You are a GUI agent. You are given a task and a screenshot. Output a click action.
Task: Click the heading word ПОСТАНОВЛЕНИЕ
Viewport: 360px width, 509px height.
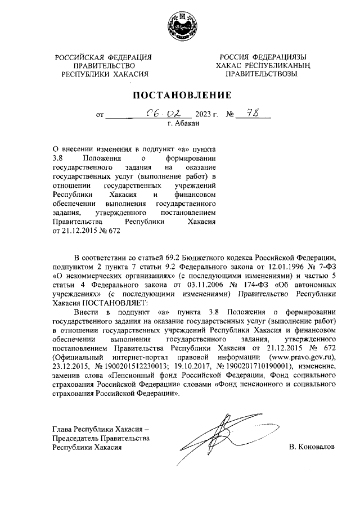tap(179, 94)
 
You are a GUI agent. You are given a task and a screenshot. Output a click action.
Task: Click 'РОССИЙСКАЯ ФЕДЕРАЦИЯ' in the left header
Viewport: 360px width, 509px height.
tap(104, 57)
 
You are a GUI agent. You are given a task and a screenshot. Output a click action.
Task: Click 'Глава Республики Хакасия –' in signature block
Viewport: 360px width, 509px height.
tap(100, 429)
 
